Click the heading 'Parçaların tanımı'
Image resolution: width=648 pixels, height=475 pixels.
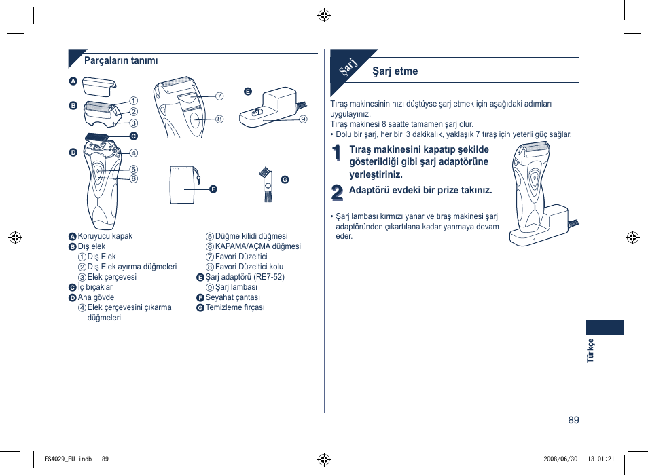click(121, 60)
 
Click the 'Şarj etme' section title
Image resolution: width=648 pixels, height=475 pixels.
click(395, 71)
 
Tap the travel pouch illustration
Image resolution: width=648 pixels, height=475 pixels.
click(183, 185)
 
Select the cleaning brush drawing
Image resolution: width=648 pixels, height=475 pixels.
click(268, 185)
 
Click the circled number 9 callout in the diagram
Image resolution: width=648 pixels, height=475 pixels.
click(304, 119)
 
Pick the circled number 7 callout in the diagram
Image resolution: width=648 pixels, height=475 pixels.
click(219, 96)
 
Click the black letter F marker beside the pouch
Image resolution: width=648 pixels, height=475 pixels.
click(213, 188)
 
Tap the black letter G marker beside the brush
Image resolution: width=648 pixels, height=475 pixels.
click(285, 179)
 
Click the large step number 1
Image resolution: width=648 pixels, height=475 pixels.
click(338, 155)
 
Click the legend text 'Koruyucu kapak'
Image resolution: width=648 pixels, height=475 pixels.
click(105, 236)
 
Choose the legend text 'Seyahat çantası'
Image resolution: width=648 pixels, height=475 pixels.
click(233, 297)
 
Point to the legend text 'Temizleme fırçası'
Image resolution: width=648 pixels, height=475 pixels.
click(235, 307)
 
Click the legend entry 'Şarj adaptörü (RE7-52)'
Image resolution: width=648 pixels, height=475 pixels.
click(245, 277)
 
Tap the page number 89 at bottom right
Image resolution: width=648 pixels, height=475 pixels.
click(574, 420)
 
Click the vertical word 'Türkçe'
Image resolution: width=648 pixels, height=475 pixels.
click(590, 350)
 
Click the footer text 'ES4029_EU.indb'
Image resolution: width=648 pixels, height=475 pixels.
click(67, 459)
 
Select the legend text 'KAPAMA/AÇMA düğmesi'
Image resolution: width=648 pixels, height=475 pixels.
click(258, 246)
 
